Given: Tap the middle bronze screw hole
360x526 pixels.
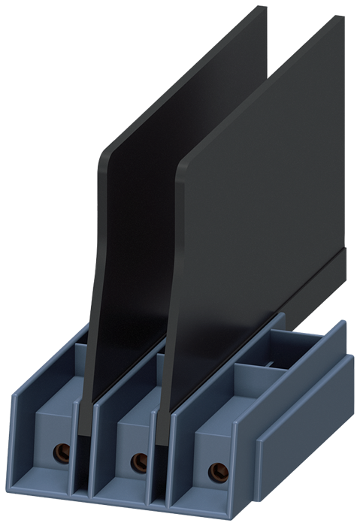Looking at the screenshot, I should [x=137, y=461].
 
